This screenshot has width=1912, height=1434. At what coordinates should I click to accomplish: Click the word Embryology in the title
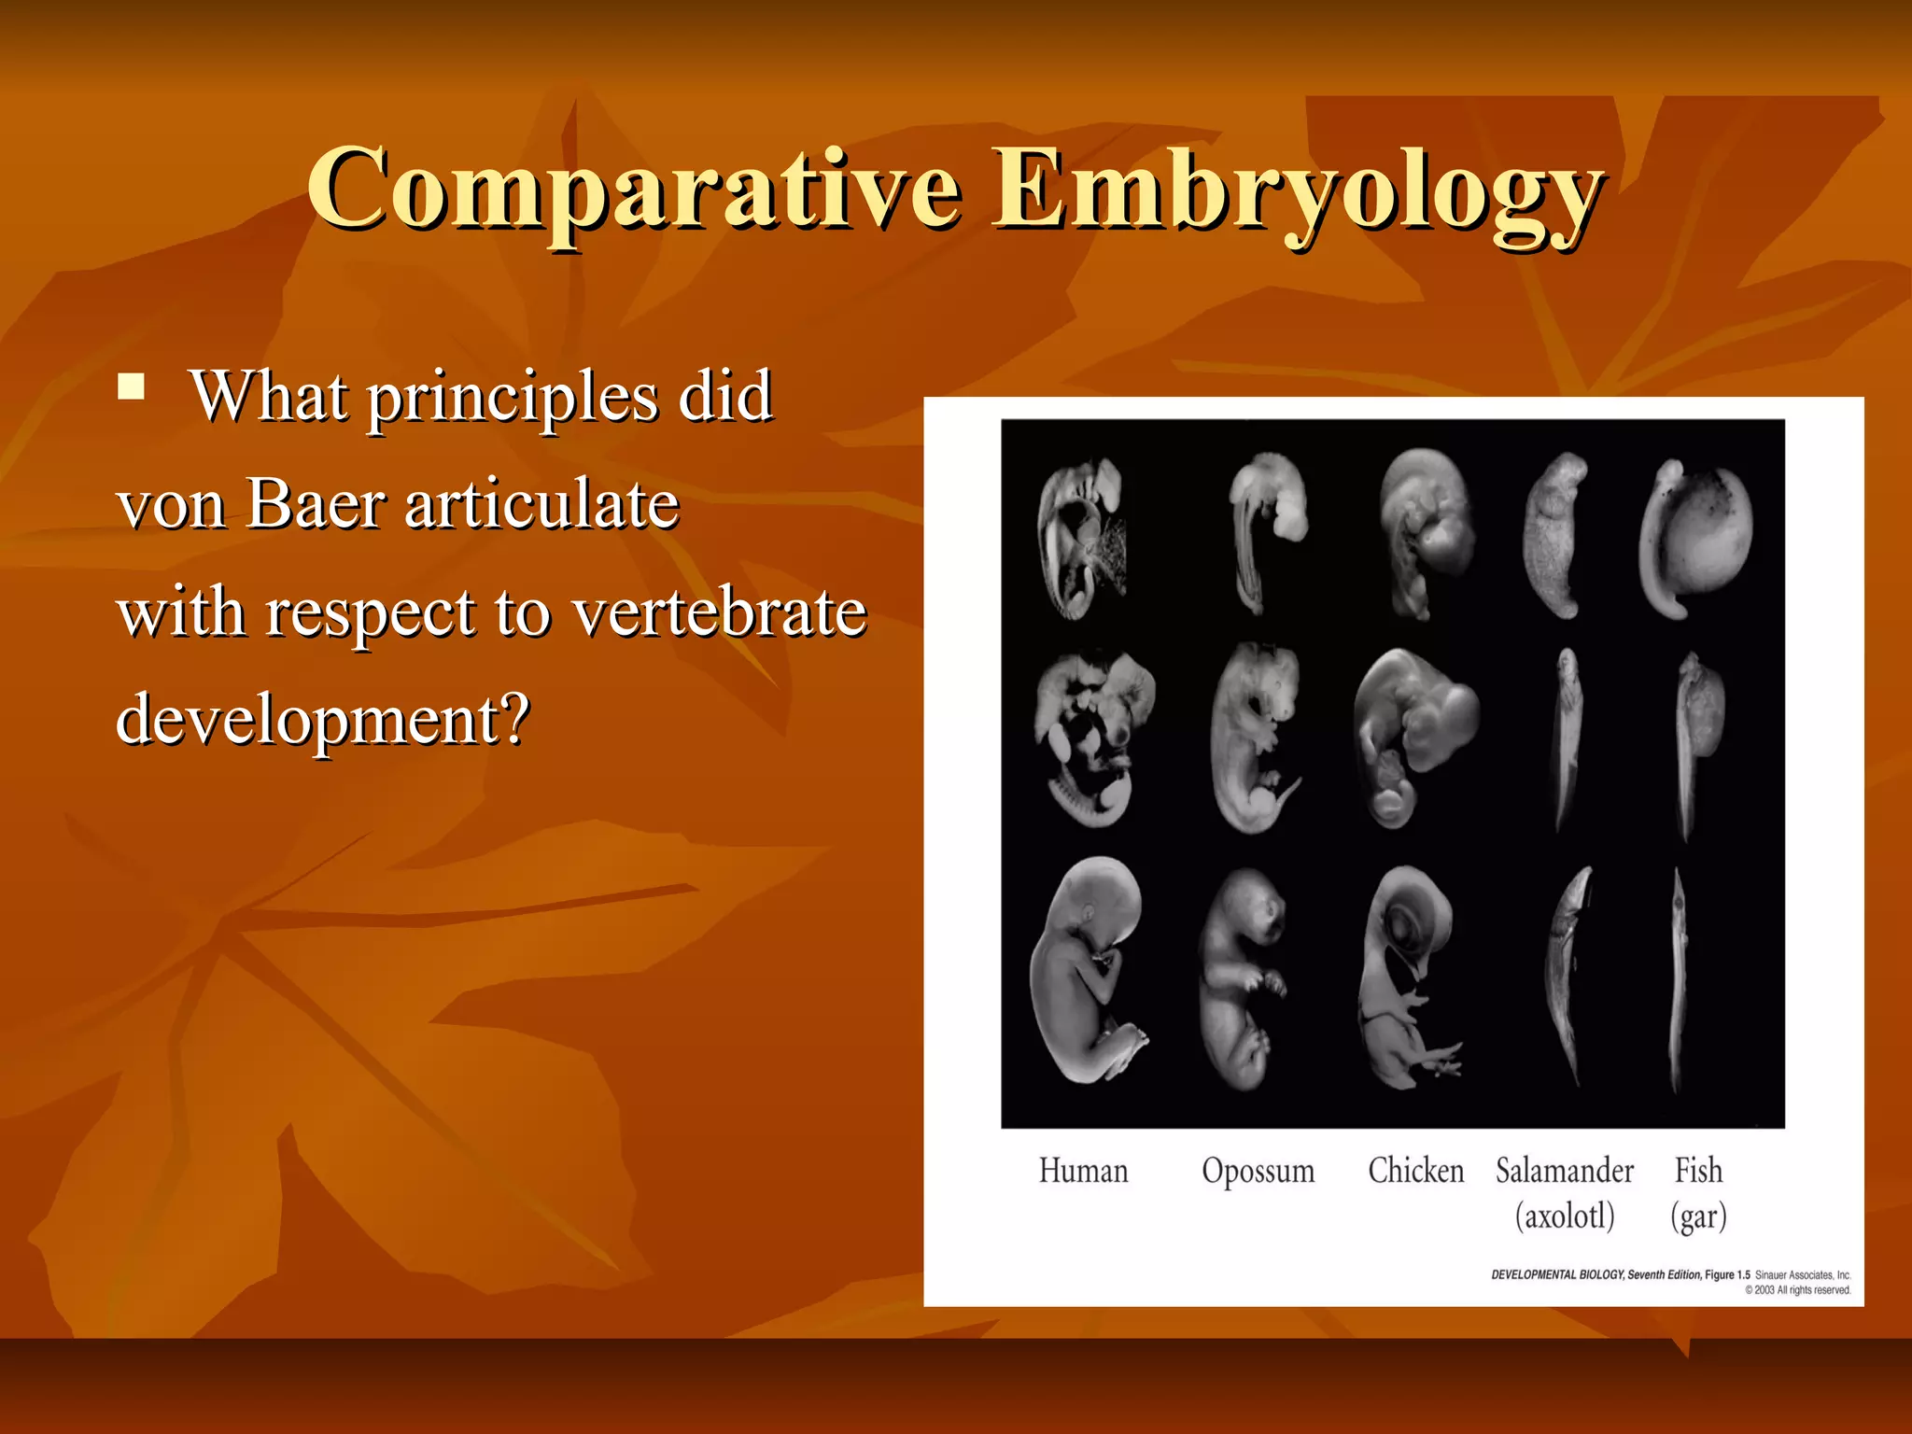1298,191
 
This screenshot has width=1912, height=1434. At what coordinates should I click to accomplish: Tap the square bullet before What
132,387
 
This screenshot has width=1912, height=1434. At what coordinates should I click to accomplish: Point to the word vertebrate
719,613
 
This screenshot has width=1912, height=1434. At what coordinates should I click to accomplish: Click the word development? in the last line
323,720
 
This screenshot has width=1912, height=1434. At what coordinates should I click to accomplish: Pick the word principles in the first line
513,397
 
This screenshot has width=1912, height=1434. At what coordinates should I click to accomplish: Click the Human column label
1083,1171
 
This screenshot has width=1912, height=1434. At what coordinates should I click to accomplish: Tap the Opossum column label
1258,1171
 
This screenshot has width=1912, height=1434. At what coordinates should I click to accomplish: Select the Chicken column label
1415,1171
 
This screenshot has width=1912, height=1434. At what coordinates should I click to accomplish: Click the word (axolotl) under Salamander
1565,1216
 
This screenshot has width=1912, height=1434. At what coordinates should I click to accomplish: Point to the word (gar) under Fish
1698,1216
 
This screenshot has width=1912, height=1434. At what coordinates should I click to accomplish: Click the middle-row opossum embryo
1254,738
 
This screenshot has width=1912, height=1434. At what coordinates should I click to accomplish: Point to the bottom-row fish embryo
1679,980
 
